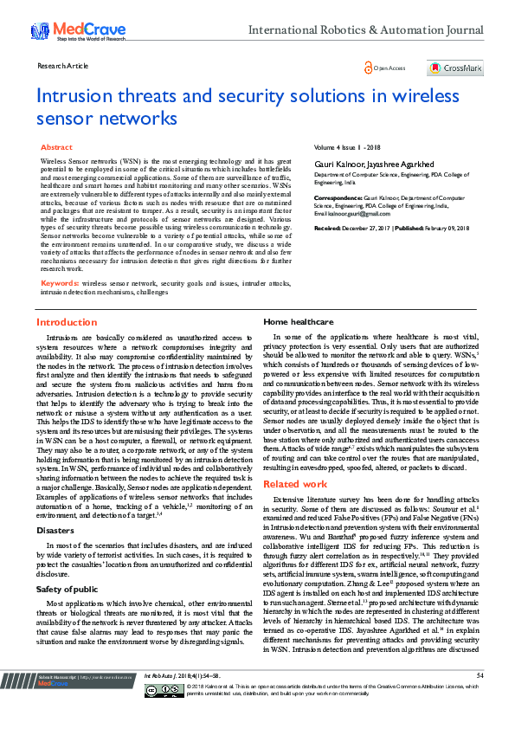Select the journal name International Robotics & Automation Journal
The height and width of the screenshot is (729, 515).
pyautogui.click(x=365, y=29)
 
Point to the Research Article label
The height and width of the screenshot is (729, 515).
pyautogui.click(x=63, y=65)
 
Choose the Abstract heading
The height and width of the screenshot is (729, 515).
pyautogui.click(x=56, y=148)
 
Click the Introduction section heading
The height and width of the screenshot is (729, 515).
pyautogui.click(x=67, y=322)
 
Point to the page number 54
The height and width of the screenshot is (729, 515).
pyautogui.click(x=480, y=699)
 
